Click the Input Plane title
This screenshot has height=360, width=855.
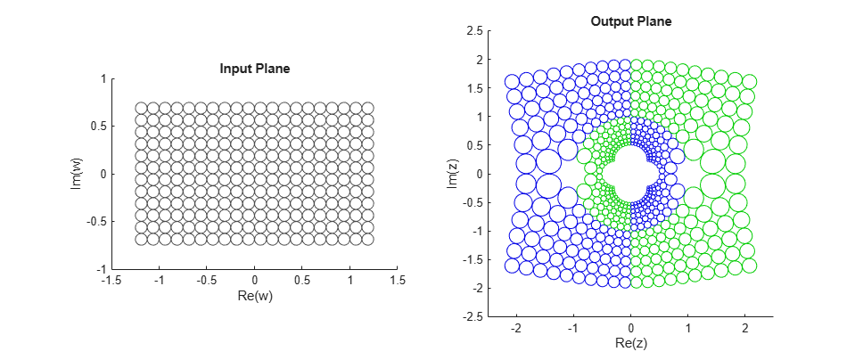pos(255,69)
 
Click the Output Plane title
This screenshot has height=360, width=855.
pos(631,20)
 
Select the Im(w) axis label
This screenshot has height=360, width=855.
pos(78,174)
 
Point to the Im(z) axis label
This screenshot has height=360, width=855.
pos(452,174)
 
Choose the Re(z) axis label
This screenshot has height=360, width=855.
pos(631,343)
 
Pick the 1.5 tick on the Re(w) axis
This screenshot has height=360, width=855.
pos(398,281)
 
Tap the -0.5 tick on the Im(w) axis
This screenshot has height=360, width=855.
pos(95,222)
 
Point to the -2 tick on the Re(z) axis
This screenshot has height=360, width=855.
pos(516,328)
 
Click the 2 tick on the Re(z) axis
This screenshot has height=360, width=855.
pos(745,328)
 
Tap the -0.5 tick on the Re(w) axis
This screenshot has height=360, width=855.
pos(206,281)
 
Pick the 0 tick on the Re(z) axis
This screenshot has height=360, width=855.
pos(631,328)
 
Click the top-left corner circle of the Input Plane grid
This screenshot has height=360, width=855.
pos(141,108)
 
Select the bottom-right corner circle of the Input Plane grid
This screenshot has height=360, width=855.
pos(367,239)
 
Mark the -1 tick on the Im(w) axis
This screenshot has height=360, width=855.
pos(101,269)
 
